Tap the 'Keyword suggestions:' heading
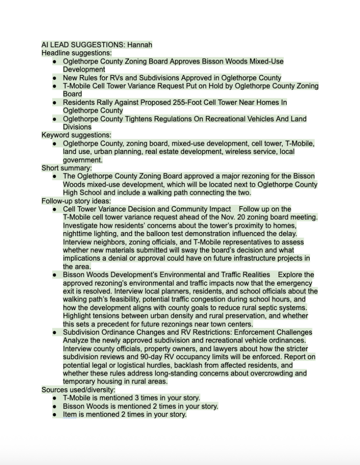76,135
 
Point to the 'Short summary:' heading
66,168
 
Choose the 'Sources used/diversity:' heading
78,390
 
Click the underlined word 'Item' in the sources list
70,415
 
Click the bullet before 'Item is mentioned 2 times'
55,415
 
